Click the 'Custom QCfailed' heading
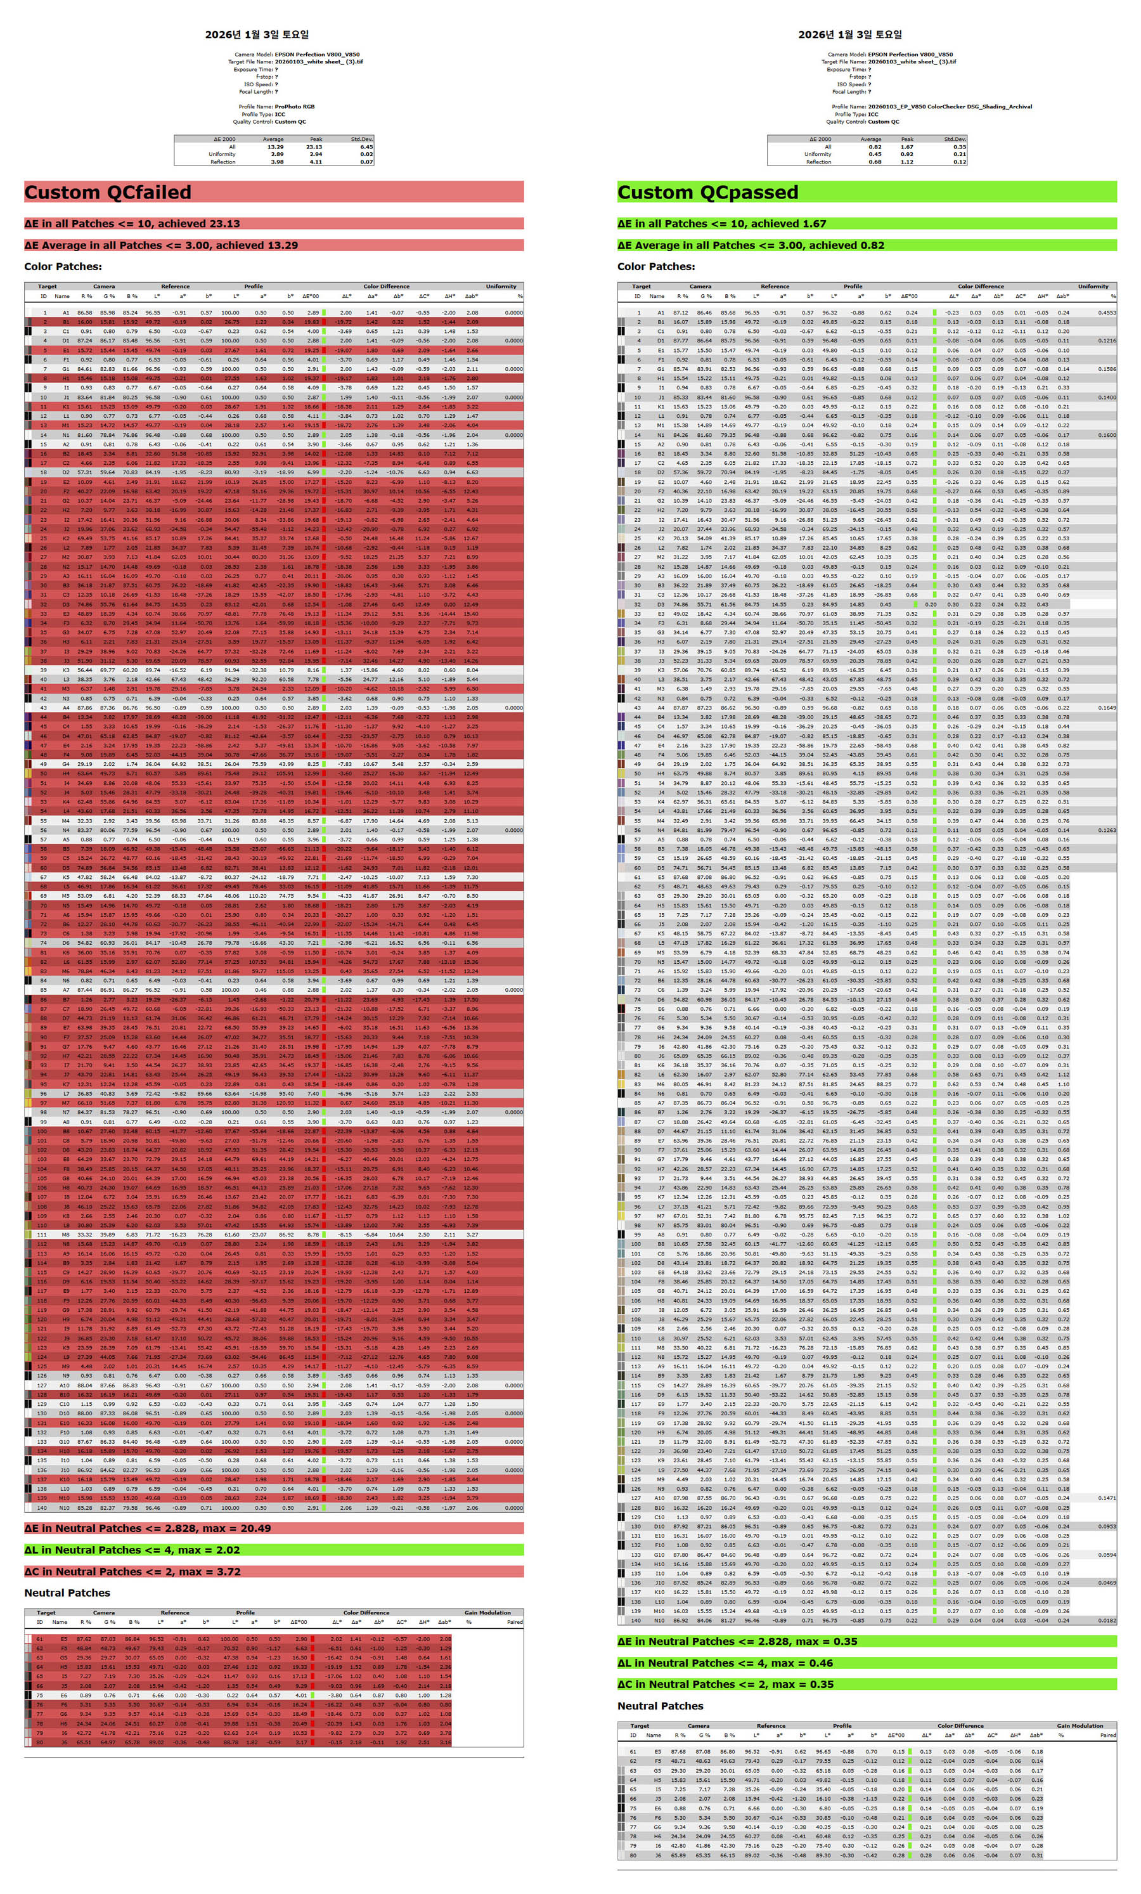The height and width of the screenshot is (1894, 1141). (108, 192)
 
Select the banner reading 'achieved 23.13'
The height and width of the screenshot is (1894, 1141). (132, 224)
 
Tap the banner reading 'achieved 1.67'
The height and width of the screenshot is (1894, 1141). (721, 224)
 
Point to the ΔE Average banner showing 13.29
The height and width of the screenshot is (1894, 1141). (162, 245)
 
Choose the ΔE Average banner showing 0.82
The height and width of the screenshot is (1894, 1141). (751, 245)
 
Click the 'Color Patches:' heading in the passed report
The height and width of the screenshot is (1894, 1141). (655, 267)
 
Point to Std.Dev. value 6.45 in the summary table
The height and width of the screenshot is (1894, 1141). (366, 147)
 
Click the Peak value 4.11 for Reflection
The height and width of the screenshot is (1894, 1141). (315, 162)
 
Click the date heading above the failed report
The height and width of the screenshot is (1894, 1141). (257, 35)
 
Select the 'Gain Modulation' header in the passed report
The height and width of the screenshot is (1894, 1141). (1080, 1726)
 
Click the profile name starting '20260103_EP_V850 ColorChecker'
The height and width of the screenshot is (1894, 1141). (950, 107)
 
